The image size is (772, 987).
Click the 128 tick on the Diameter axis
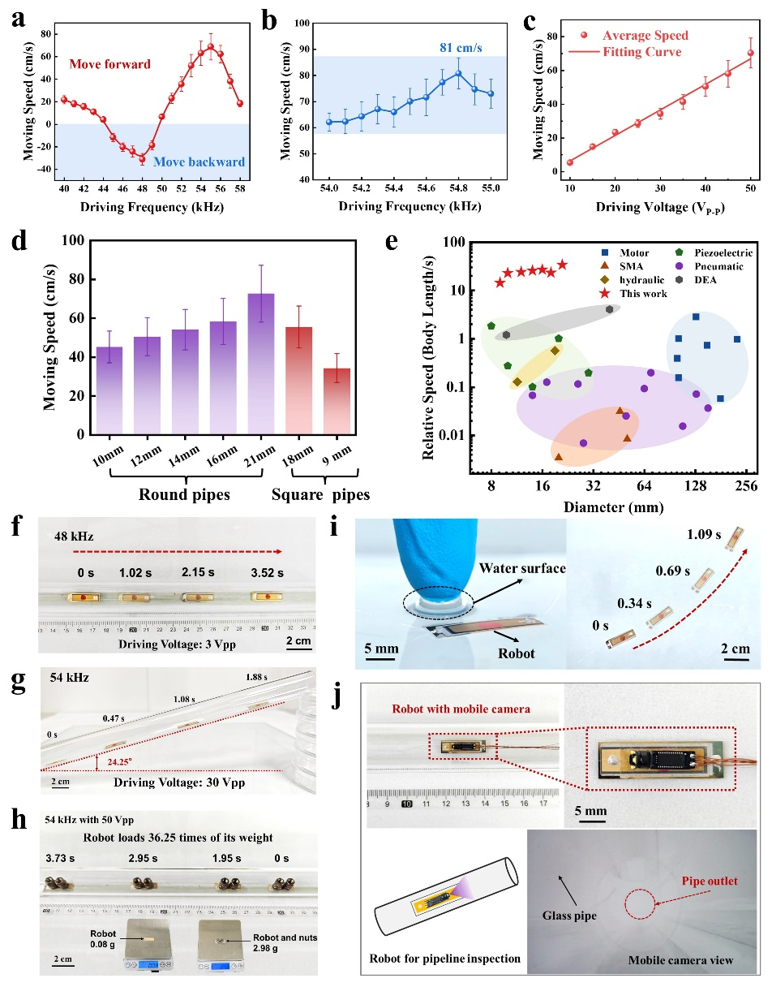click(695, 485)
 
